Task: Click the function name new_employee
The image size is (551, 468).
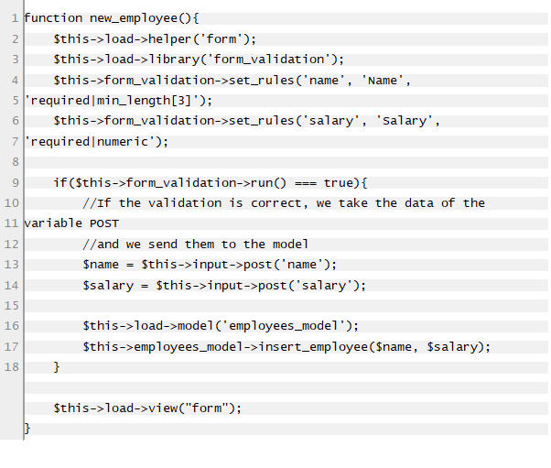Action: [x=134, y=18]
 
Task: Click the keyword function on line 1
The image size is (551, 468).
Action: [x=53, y=17]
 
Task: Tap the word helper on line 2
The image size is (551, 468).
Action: [x=170, y=39]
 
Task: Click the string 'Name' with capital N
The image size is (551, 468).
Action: [x=383, y=81]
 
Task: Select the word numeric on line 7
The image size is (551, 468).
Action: [x=123, y=141]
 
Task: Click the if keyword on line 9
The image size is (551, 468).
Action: [x=60, y=182]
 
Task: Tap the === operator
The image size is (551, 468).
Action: [x=306, y=183]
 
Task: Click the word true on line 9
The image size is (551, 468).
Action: [x=338, y=182]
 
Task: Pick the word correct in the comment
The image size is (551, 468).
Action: [x=275, y=203]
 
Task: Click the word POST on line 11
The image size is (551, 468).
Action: [x=104, y=223]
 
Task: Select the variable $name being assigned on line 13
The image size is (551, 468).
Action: [x=101, y=265]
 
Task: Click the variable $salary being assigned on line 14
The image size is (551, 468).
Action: [x=108, y=285]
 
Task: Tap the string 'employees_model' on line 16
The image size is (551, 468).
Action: [x=284, y=326]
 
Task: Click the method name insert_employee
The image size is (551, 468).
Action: [x=313, y=347]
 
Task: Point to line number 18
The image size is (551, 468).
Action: [x=11, y=366]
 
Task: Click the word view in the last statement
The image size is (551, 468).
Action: [x=163, y=408]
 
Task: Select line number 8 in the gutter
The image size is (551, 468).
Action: [x=16, y=162]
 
